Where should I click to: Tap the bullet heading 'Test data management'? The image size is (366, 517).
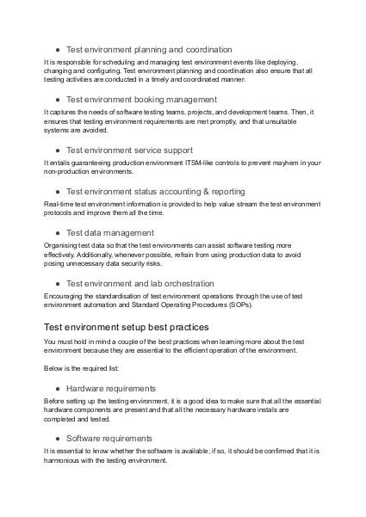[110, 231]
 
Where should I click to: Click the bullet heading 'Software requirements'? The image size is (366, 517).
[109, 438]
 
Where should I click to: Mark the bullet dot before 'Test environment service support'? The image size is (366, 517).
[56, 149]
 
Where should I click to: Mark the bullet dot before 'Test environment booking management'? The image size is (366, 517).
[56, 100]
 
